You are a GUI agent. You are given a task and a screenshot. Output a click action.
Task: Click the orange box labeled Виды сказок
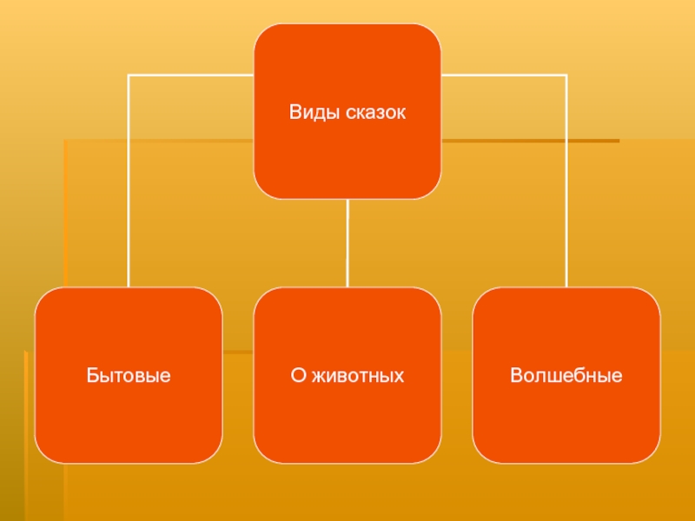[x=347, y=111]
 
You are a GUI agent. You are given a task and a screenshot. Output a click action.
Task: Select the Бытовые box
[x=129, y=375]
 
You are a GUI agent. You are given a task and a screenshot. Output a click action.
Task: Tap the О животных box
[x=347, y=375]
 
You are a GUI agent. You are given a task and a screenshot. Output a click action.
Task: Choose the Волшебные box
[x=566, y=375]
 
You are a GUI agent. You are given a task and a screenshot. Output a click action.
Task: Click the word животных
[x=358, y=376]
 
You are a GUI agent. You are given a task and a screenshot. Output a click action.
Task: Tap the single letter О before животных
[x=299, y=375]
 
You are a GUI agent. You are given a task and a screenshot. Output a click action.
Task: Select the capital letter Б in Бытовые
[x=92, y=375]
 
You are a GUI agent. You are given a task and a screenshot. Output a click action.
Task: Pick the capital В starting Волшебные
[x=516, y=375]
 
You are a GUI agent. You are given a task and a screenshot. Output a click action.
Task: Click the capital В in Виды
[x=295, y=112]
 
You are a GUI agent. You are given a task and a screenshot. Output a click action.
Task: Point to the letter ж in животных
[x=319, y=376]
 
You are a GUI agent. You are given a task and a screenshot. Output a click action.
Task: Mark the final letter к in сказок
[x=401, y=114]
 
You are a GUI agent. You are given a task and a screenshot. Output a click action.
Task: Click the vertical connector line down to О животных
[x=347, y=243]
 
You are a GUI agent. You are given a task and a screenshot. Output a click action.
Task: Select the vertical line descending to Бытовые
[x=129, y=181]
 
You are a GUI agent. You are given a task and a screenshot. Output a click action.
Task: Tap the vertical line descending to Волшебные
[x=566, y=181]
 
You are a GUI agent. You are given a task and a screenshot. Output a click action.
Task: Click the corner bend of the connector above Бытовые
[x=129, y=76]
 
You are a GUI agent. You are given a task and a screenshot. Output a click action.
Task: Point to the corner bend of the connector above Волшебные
[x=566, y=76]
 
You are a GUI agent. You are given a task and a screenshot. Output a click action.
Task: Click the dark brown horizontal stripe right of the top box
[x=531, y=141]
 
